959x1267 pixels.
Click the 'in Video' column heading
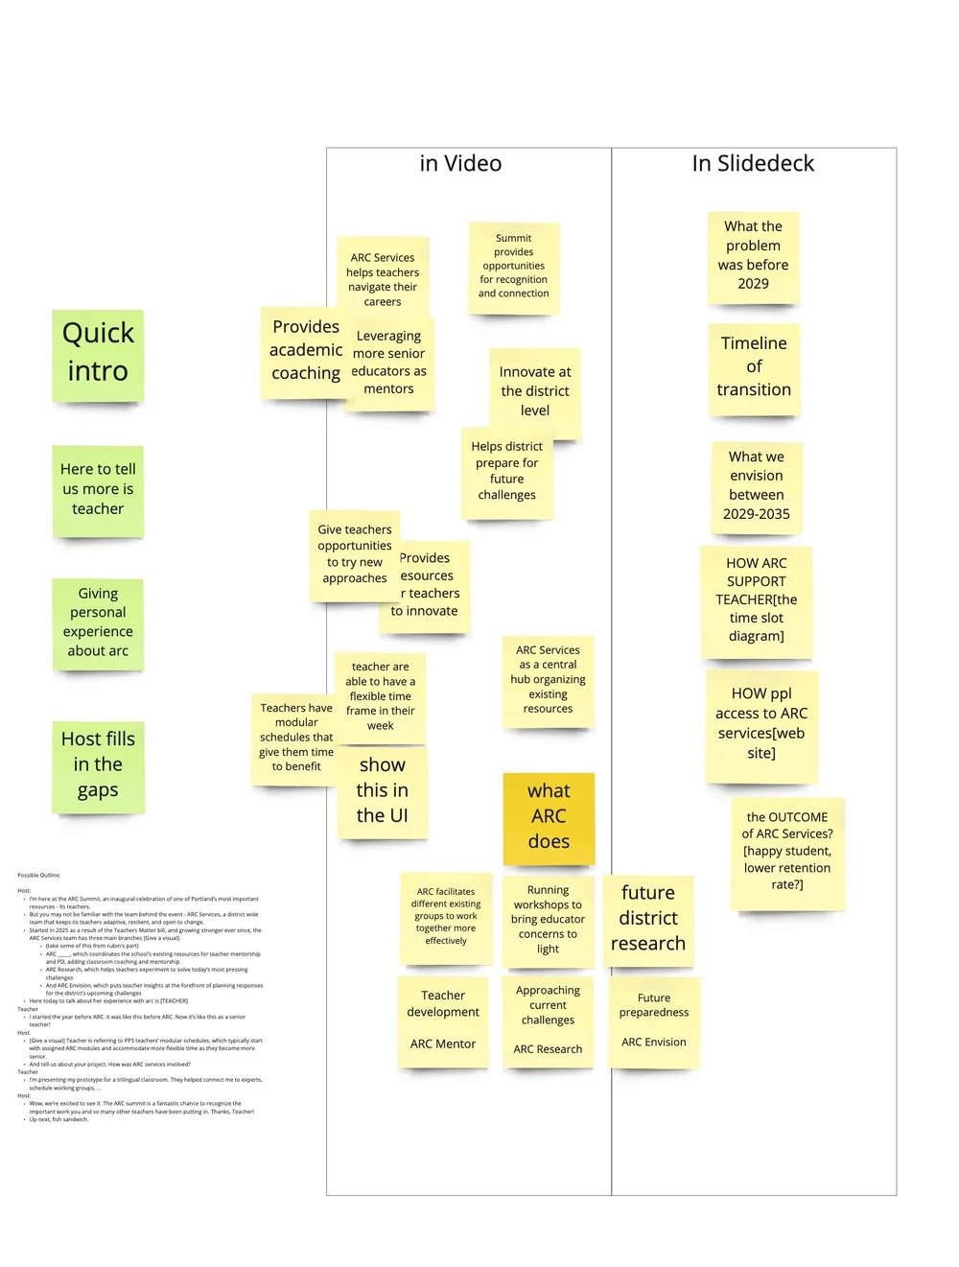tap(460, 164)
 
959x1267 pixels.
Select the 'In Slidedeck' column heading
tap(753, 164)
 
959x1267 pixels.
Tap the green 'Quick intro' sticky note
tap(98, 353)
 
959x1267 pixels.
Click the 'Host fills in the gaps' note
tap(98, 764)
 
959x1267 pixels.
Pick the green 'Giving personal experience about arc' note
tap(98, 622)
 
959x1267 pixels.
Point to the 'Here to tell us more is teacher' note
tap(98, 489)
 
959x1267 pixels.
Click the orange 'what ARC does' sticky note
tap(549, 816)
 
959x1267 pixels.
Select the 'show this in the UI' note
tap(383, 791)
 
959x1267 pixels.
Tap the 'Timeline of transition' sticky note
tap(754, 367)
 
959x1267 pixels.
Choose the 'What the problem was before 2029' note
tap(753, 256)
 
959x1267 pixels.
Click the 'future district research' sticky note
tap(648, 918)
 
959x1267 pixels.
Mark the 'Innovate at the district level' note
tap(535, 390)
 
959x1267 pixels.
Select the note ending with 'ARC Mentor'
tap(443, 1021)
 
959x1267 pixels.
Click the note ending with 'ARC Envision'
tap(654, 1021)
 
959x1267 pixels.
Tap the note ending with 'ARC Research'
tap(548, 1021)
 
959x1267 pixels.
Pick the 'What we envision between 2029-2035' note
tap(757, 485)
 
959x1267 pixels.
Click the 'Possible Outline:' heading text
tap(39, 875)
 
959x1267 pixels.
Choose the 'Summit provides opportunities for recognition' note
tap(514, 267)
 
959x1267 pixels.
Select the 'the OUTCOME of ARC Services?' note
tap(787, 851)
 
